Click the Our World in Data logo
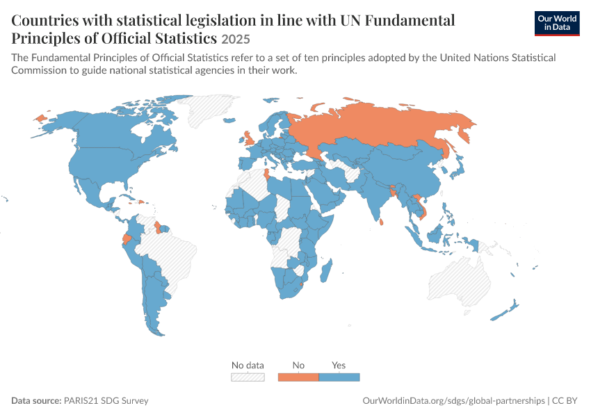pos(557,24)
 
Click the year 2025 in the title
pos(236,39)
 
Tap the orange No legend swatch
pos(298,377)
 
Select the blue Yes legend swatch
pos(339,377)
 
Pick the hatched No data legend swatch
pos(248,377)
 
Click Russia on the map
pos(377,124)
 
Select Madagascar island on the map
pos(326,270)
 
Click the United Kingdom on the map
pos(249,138)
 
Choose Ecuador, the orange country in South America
pos(127,239)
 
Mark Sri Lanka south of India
pos(381,222)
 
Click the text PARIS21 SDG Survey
pos(106,401)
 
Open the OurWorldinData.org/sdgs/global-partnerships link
pos(453,401)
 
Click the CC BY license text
pos(565,401)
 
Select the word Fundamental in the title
pos(410,20)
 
